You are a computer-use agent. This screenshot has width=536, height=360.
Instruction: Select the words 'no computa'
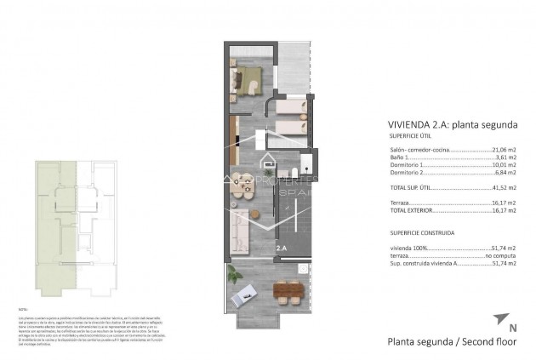(x=500, y=255)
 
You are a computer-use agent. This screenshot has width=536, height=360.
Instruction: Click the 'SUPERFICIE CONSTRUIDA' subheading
(x=421, y=232)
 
